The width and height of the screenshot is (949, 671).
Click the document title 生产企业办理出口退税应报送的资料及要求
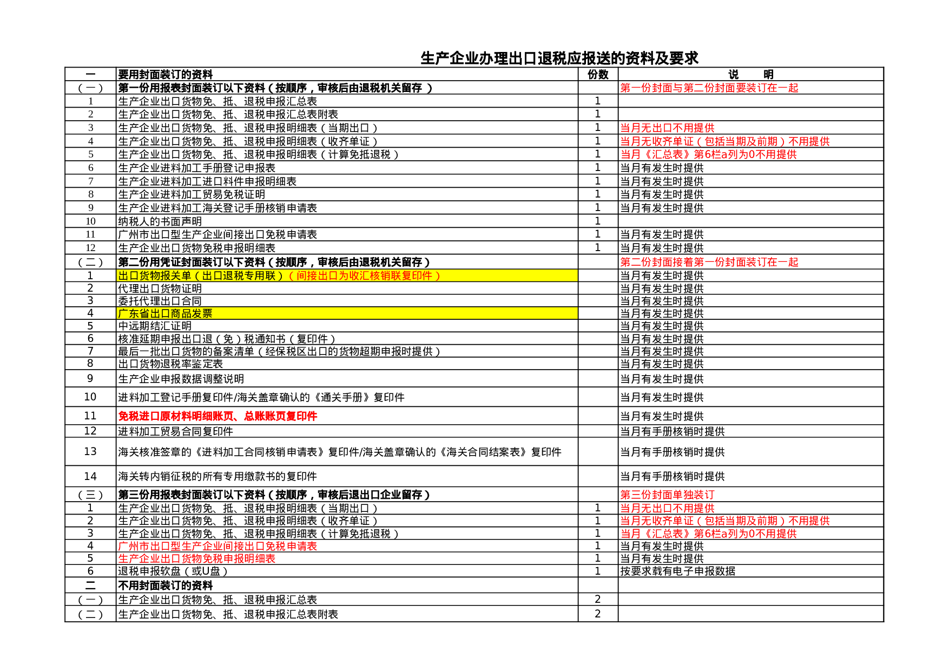pyautogui.click(x=559, y=58)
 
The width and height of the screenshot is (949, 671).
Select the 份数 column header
pyautogui.click(x=598, y=75)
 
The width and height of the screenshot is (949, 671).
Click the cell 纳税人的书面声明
pyautogui.click(x=160, y=221)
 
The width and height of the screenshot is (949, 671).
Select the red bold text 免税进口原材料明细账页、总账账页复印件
pyautogui.click(x=218, y=416)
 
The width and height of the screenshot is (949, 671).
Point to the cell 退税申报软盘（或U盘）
pyautogui.click(x=173, y=571)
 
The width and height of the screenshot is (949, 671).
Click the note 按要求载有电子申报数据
pyautogui.click(x=677, y=571)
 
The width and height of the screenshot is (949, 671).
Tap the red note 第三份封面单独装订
pyautogui.click(x=667, y=495)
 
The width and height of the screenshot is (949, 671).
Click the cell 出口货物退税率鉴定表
pyautogui.click(x=170, y=364)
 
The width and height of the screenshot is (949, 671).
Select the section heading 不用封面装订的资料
pyautogui.click(x=165, y=586)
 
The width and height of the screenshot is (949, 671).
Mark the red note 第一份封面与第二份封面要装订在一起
pyautogui.click(x=709, y=88)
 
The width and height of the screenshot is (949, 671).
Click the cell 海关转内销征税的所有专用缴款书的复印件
pyautogui.click(x=218, y=476)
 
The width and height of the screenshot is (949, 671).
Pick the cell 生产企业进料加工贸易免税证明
pyautogui.click(x=192, y=194)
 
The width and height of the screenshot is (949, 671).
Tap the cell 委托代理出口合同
pyautogui.click(x=160, y=301)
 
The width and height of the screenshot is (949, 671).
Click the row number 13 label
pyautogui.click(x=90, y=451)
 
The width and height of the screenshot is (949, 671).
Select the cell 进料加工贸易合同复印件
pyautogui.click(x=175, y=431)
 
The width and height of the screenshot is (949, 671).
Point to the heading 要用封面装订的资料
pyautogui.click(x=165, y=75)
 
